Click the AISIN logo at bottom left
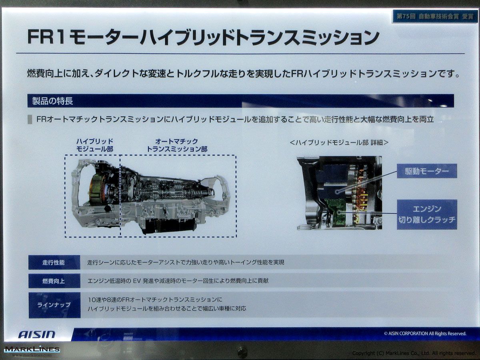(37, 334)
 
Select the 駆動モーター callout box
(427, 171)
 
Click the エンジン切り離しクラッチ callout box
(427, 214)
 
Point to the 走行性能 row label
(54, 262)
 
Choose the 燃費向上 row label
(54, 281)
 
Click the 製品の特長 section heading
(52, 101)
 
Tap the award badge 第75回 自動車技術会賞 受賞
(435, 17)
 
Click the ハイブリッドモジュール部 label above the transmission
(95, 145)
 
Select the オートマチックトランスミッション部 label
(177, 145)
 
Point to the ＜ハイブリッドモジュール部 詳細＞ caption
(339, 142)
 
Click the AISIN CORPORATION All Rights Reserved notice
(425, 334)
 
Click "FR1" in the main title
(46, 37)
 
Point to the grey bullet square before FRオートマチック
(30, 120)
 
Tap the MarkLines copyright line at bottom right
(414, 353)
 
